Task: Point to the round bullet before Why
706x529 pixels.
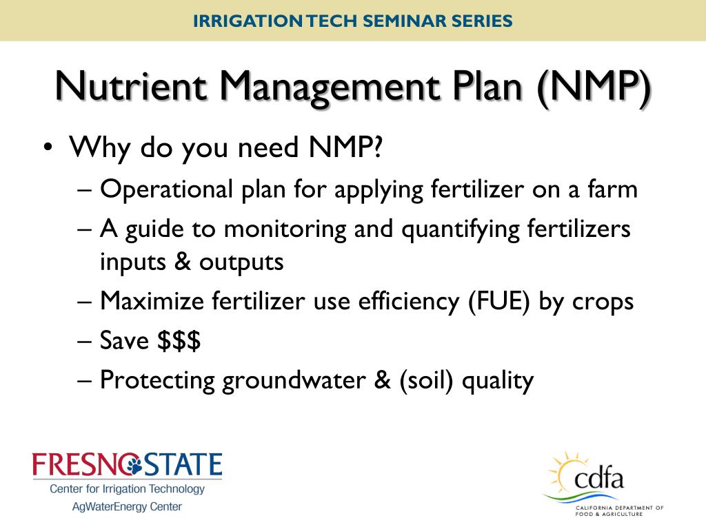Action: tap(46, 148)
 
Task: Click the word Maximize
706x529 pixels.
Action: tap(148, 301)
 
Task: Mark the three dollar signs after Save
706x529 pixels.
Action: tap(179, 341)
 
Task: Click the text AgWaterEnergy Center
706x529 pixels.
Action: tap(128, 507)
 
